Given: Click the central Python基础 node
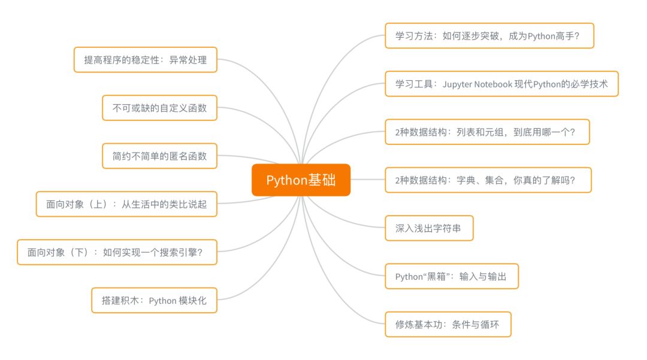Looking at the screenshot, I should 301,180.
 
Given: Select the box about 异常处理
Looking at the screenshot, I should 145,60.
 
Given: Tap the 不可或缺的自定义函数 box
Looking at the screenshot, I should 159,108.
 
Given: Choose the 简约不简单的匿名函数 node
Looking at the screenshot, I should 159,156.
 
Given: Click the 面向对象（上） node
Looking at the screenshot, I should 126,204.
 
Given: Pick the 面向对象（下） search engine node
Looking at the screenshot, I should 117,252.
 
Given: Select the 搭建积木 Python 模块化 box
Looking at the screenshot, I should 155,300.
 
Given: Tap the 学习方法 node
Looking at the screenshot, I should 489,36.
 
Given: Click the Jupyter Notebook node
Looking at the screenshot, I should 501,84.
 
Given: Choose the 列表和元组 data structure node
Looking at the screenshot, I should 486,132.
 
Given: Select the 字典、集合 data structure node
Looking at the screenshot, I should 488,180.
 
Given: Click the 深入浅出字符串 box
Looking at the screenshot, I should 429,228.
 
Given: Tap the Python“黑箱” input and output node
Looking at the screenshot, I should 451,276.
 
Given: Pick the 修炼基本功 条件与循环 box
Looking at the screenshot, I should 448,324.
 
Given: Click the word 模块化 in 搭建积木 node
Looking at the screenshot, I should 193,300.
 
